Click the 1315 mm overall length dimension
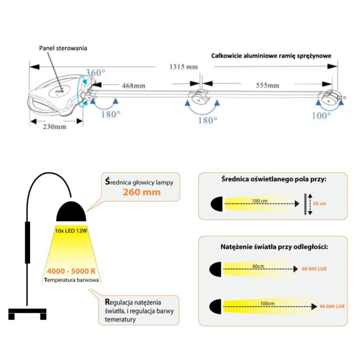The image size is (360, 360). coord(183,67)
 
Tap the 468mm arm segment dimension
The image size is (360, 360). coord(133,86)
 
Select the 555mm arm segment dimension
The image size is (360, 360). coord(267,85)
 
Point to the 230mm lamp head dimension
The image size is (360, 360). coord(54,126)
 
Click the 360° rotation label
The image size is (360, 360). coord(95,73)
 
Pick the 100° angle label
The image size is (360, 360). coord(321,115)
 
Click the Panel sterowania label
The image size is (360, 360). coord(63,48)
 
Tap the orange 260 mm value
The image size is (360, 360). coord(141,192)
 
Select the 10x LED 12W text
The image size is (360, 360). coord(71,230)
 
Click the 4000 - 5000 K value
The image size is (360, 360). coord(71,271)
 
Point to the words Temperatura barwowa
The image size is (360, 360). coord(71,280)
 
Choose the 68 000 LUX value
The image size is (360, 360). coord(314,268)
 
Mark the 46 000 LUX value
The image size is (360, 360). coord(332,306)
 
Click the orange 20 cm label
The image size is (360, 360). coord(319,203)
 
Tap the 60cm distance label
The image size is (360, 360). coord(258,266)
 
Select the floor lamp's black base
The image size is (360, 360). coord(27,313)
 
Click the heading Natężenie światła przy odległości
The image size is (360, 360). coord(274,247)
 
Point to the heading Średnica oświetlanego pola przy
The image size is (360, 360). coord(273,179)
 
